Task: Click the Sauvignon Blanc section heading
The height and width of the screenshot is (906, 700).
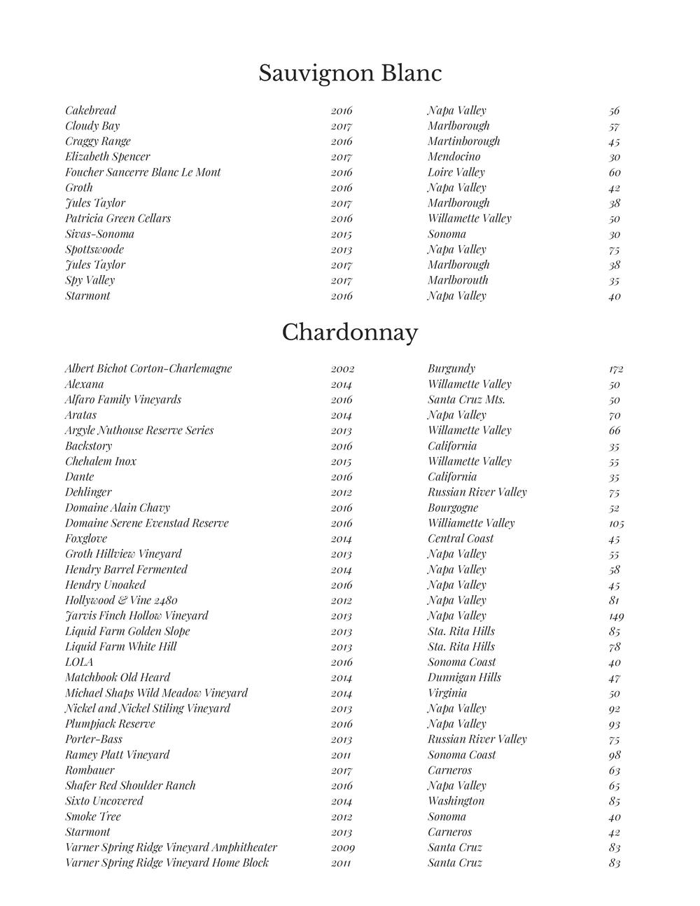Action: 350,74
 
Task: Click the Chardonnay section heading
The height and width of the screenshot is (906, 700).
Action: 350,333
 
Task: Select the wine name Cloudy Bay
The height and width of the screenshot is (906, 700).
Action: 92,126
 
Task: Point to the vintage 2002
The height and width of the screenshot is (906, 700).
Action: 342,369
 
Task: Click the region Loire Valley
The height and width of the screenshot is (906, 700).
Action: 456,172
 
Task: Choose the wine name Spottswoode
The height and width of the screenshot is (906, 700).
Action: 94,250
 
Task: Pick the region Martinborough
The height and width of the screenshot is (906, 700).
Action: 464,141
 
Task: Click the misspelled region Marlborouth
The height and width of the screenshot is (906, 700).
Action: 458,280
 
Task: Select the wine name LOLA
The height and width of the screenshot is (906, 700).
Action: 79,662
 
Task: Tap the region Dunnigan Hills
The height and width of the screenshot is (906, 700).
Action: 465,678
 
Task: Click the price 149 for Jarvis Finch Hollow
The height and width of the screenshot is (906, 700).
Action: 616,616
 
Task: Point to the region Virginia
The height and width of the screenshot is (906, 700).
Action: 447,693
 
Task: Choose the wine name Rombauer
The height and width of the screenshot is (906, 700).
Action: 90,770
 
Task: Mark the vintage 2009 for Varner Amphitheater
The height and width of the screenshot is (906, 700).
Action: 342,848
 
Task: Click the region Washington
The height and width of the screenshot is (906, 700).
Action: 456,801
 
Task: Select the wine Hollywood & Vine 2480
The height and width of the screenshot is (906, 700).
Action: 121,601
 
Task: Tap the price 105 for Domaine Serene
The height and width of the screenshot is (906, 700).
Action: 616,524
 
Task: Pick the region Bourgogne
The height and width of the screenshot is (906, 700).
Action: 453,508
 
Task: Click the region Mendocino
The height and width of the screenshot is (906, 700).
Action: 454,157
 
